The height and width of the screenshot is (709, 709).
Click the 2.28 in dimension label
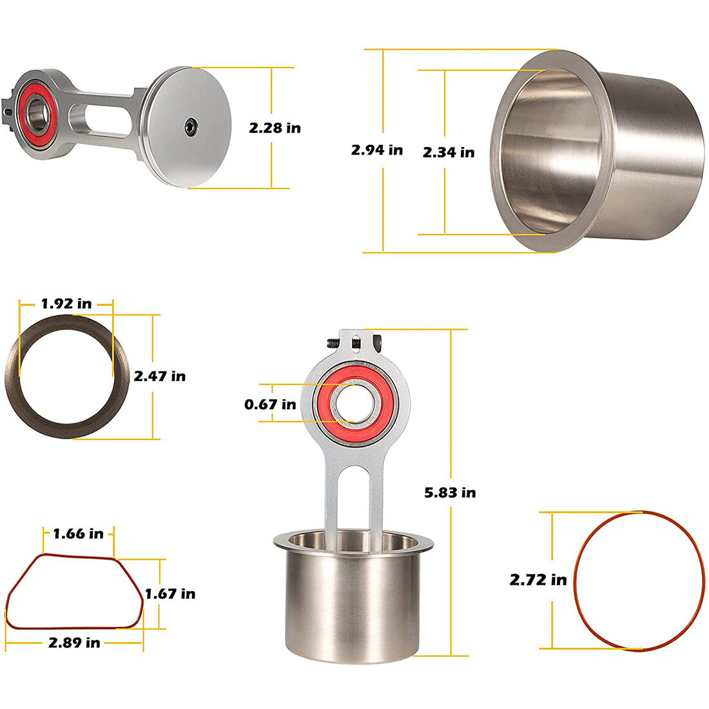tap(275, 128)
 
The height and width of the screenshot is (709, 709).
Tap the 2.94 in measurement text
tap(376, 150)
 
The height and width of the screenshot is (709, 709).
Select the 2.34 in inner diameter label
tap(448, 152)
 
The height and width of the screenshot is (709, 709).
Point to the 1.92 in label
tap(66, 303)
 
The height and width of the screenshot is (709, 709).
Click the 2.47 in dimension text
tap(159, 376)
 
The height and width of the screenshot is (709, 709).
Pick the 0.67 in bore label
tap(270, 404)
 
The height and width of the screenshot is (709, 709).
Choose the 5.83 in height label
tap(450, 492)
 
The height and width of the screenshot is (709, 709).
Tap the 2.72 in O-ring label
tap(538, 579)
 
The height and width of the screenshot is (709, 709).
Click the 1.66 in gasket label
tap(78, 533)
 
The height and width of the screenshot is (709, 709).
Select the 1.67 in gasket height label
tap(170, 593)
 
